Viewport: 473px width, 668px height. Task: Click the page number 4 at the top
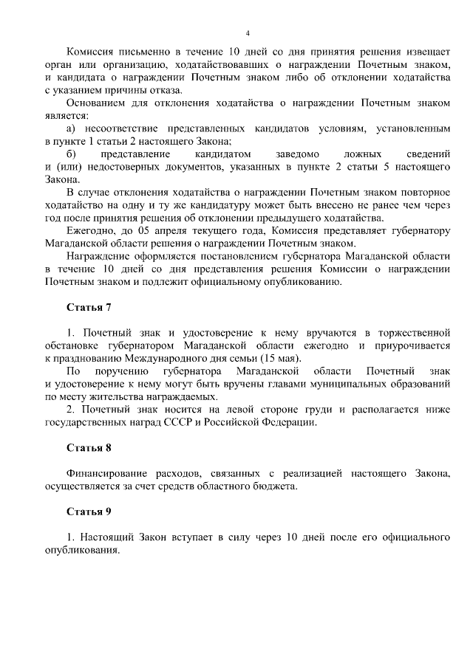click(x=248, y=33)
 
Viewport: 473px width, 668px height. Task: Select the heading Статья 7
click(x=89, y=306)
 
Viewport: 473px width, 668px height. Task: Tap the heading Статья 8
click(x=89, y=447)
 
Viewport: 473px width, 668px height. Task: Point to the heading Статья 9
click(x=89, y=511)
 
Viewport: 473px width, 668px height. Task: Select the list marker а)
click(x=71, y=128)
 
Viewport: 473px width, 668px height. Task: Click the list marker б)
click(x=71, y=154)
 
